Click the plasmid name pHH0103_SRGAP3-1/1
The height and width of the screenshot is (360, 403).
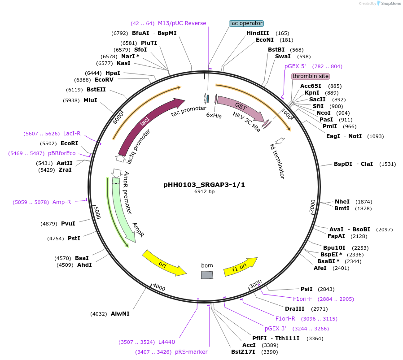(x=204, y=184)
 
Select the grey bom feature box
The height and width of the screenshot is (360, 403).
(x=207, y=275)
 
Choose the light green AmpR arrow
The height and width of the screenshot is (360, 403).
(x=122, y=211)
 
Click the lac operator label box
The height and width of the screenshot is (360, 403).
(x=246, y=23)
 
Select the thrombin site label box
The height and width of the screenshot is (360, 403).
(x=311, y=76)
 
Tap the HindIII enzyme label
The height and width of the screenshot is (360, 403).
(x=258, y=33)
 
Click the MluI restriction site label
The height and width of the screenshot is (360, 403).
(x=90, y=100)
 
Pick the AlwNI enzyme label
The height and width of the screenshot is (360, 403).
(x=120, y=314)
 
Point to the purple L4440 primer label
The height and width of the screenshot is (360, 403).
(x=166, y=342)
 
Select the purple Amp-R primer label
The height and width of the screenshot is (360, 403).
(x=61, y=202)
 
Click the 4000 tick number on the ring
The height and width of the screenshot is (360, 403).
(x=159, y=287)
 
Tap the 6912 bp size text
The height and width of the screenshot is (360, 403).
(x=204, y=191)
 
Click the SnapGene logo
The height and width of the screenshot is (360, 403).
(x=389, y=4)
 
